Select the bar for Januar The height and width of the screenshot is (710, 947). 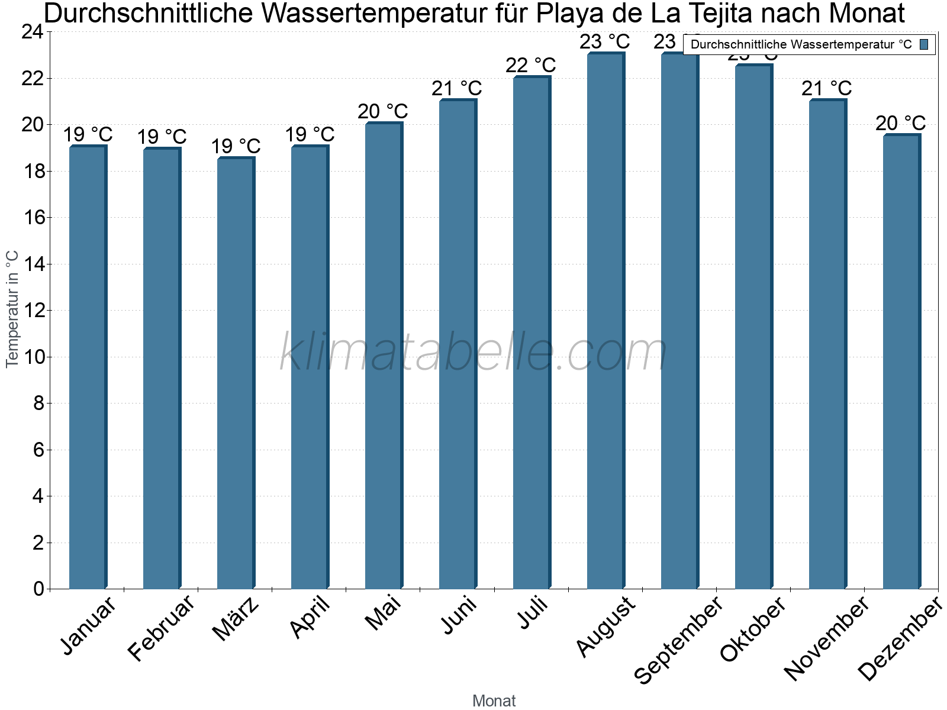tap(88, 367)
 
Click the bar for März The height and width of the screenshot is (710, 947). tap(236, 373)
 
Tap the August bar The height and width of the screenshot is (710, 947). tap(605, 319)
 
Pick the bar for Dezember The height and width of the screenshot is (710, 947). tap(901, 361)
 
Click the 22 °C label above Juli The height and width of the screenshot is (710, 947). tap(531, 65)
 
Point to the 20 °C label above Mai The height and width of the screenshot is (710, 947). tap(383, 111)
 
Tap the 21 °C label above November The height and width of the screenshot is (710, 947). tap(827, 89)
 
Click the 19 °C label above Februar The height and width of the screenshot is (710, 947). tap(162, 137)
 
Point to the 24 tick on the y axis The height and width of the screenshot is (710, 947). tap(33, 32)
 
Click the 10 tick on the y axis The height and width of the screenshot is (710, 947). tap(33, 357)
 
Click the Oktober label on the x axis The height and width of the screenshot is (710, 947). tap(753, 630)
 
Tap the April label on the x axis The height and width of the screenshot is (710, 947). tap(310, 618)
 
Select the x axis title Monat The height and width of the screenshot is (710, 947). tap(494, 701)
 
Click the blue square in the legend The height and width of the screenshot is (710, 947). tap(925, 44)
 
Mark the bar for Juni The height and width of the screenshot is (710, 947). tap(458, 343)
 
